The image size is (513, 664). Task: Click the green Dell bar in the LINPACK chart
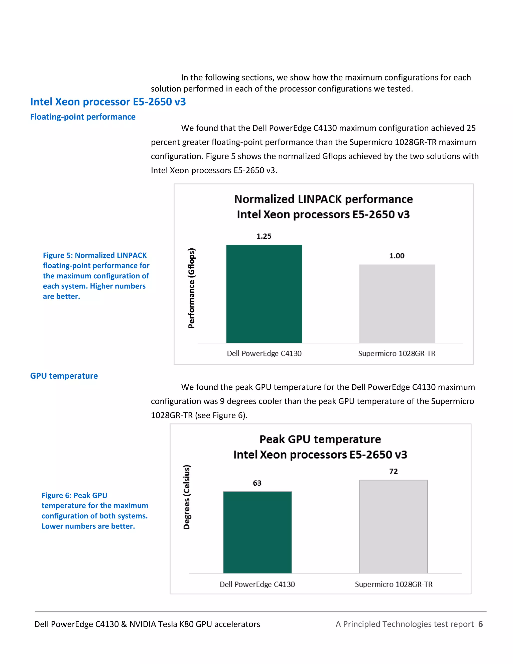pos(264,294)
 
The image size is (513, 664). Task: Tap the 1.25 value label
pos(264,236)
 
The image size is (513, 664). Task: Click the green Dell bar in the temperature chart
pos(258,532)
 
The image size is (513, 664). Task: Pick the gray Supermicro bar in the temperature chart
pos(393,527)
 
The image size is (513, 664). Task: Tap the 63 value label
pos(257,483)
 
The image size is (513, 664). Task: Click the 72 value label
pos(393,471)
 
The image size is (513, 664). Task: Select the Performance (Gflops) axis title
pos(191,288)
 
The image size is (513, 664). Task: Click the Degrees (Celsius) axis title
pos(187,497)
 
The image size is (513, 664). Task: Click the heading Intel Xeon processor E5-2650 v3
pos(108,101)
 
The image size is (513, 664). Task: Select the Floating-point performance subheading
pos(83,117)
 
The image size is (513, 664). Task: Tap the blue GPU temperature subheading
pos(64,376)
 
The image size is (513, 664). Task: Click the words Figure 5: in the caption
pos(58,255)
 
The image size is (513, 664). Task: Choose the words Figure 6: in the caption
pos(57,495)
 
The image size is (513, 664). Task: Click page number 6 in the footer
pos(480,624)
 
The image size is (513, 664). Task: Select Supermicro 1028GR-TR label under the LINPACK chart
pos(397,353)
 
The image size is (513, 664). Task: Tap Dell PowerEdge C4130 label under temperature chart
pos(257,584)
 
